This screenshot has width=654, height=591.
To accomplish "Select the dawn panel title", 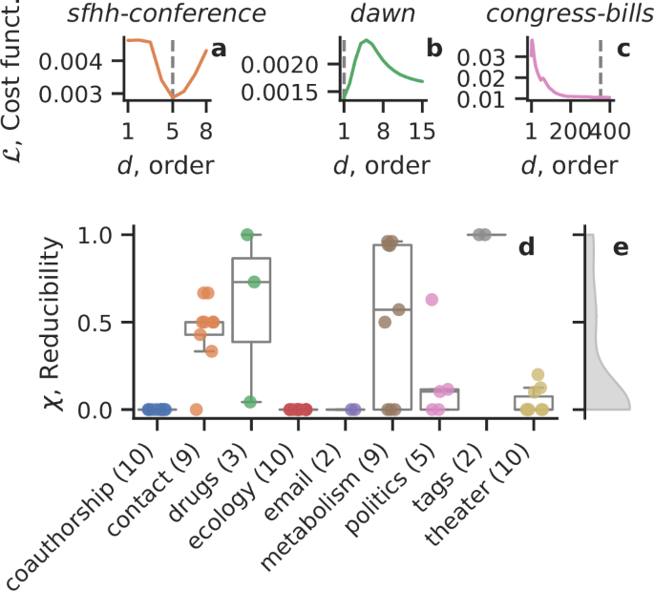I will [380, 15].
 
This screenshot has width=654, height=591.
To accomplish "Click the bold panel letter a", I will [219, 48].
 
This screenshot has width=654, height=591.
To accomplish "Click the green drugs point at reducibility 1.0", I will [247, 235].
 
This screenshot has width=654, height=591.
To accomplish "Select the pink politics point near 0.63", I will [432, 300].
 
